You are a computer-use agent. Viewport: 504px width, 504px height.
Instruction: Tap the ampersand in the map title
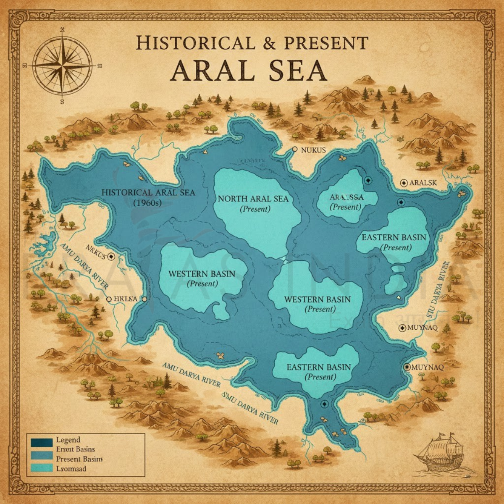pos(262,43)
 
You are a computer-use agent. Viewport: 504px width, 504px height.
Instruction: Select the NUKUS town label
pos(313,150)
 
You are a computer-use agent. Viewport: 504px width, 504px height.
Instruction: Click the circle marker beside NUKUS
pos(295,149)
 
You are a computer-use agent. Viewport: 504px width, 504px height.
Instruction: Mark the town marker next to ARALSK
pos(404,182)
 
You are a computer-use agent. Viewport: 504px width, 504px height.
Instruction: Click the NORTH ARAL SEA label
pos(253,198)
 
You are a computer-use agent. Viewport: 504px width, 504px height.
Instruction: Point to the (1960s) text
pos(147,202)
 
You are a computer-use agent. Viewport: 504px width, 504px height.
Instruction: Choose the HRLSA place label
pos(126,299)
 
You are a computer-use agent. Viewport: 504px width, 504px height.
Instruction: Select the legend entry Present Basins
pos(79,459)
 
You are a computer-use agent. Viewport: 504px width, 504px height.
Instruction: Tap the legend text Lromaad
pos(71,468)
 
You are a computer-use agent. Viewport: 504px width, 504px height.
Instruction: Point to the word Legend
pos(68,440)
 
